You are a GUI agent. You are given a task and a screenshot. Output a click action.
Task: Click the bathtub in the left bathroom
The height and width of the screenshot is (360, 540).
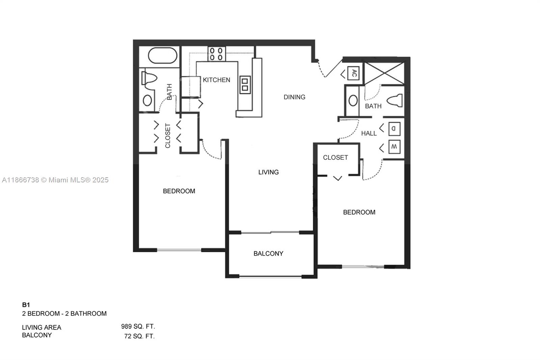pos(162,56)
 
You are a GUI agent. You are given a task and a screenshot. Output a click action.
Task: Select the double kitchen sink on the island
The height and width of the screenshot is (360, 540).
pos(245,84)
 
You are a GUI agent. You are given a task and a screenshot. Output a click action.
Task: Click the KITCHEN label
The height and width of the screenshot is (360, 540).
pos(216,80)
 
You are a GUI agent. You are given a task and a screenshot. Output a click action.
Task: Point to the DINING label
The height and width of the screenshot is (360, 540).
pos(294,97)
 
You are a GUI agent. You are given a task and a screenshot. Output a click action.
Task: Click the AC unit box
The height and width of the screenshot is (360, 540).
pos(353,73)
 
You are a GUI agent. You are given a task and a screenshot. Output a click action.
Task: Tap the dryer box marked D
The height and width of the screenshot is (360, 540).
pos(394,129)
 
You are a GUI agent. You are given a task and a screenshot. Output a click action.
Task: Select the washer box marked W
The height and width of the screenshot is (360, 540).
pos(394,147)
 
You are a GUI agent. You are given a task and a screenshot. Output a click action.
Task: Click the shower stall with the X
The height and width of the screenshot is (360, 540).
pos(385,73)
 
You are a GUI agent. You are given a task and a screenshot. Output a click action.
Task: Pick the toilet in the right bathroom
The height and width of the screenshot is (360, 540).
pos(395,100)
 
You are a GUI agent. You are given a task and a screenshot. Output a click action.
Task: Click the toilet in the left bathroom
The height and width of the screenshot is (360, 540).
pos(150,78)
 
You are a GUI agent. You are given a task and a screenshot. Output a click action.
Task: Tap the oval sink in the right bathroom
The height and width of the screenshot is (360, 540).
pos(353,101)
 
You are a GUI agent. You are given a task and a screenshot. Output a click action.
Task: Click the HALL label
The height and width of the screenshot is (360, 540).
pos(369,133)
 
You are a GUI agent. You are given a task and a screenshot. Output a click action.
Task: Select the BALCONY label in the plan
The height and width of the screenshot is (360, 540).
pos(268,254)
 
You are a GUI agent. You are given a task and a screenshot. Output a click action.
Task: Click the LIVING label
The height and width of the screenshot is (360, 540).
pos(268,172)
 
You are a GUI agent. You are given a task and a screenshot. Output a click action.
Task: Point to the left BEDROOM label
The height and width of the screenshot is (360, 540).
pos(179,191)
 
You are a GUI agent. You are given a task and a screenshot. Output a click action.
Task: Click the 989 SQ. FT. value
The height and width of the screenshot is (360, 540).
pos(138,327)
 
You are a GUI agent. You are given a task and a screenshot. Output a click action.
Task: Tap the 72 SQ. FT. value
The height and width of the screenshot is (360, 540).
pos(139,336)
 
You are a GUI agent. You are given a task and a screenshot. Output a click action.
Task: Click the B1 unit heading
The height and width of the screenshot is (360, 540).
pos(26,305)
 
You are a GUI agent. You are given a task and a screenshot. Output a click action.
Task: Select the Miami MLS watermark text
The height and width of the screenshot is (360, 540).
pos(55,180)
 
